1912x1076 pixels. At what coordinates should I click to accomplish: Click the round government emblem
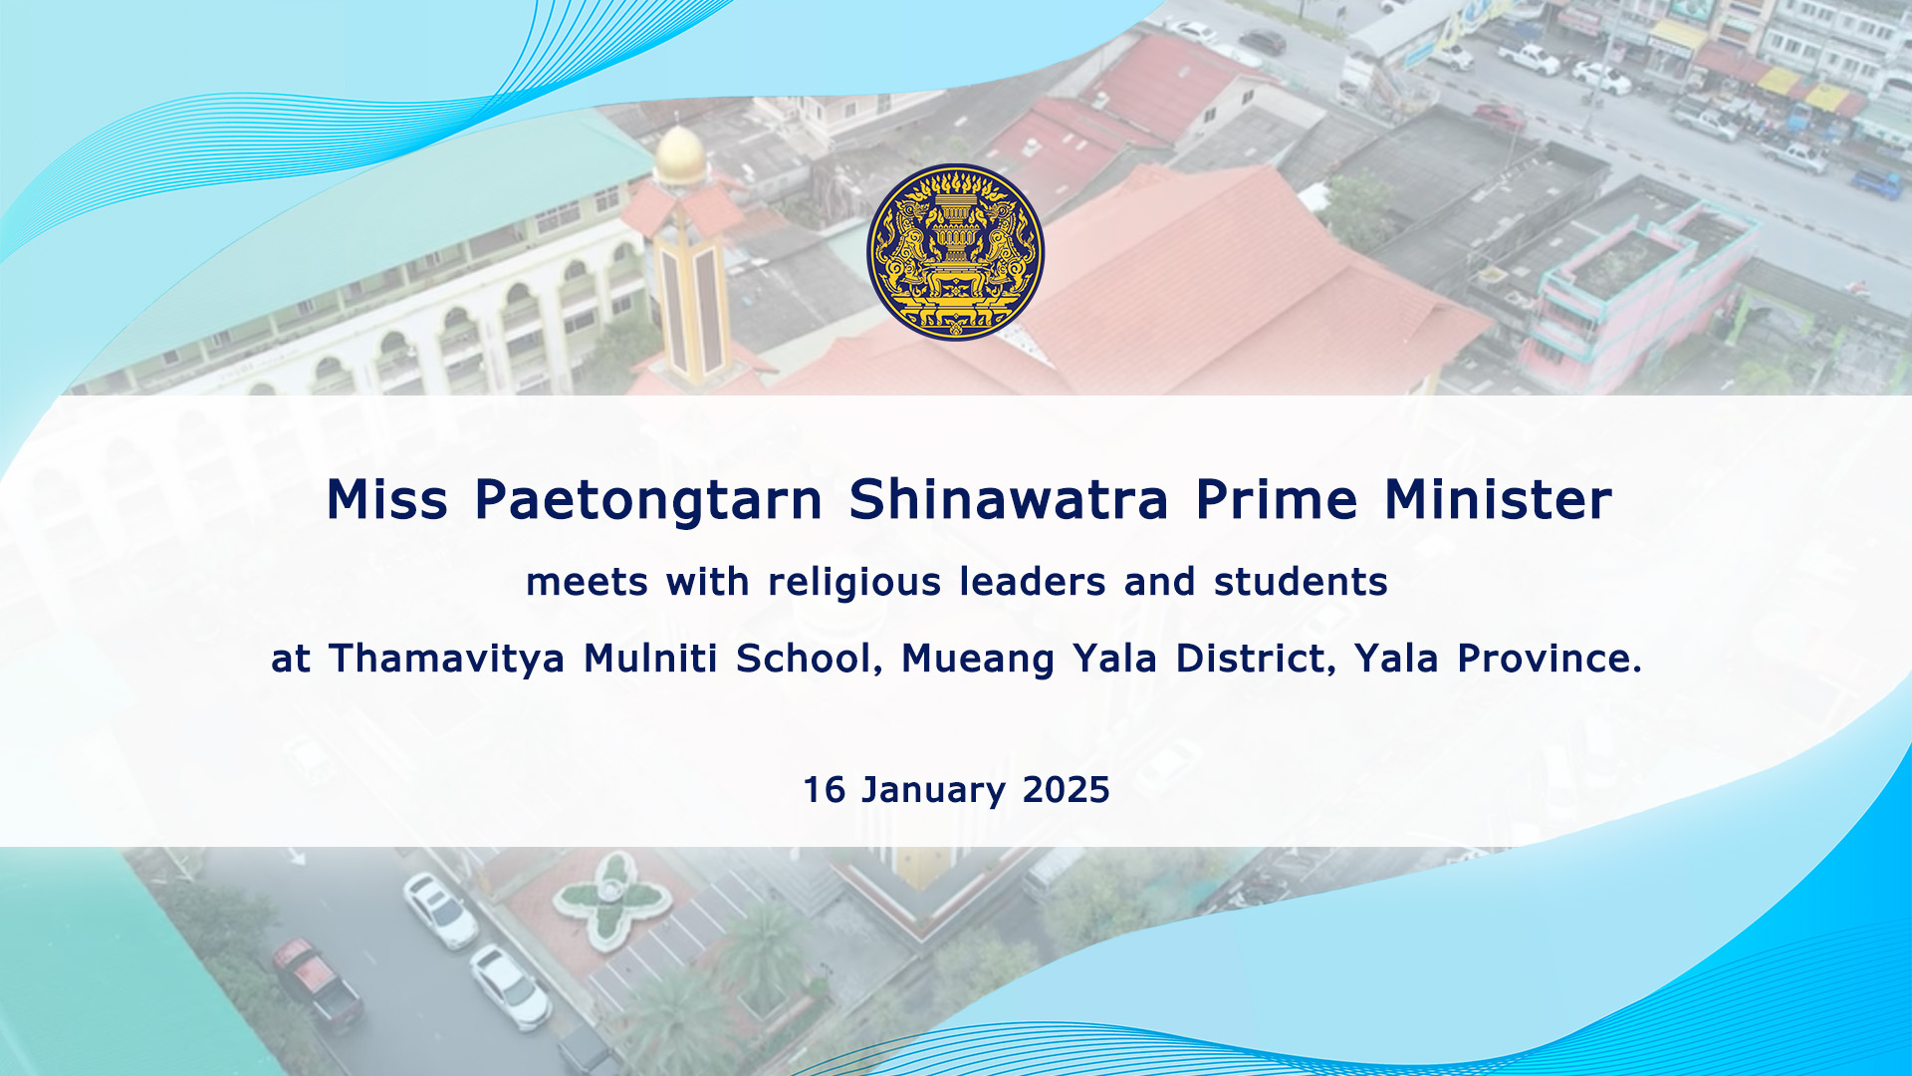pyautogui.click(x=955, y=252)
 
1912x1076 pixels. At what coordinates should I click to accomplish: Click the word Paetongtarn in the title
pyautogui.click(x=648, y=501)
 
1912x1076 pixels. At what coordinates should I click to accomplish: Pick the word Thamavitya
pyautogui.click(x=447, y=660)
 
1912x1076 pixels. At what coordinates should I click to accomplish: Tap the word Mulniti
pyautogui.click(x=650, y=659)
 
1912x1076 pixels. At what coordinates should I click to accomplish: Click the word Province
pyautogui.click(x=1550, y=659)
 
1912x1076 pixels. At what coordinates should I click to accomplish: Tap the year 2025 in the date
pyautogui.click(x=1066, y=790)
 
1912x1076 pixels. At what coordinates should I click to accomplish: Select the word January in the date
pyautogui.click(x=933, y=791)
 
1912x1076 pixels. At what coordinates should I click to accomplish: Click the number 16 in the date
pyautogui.click(x=825, y=790)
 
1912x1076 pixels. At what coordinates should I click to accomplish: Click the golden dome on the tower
pyautogui.click(x=681, y=154)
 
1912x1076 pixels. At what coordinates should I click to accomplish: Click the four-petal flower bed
pyautogui.click(x=609, y=901)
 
